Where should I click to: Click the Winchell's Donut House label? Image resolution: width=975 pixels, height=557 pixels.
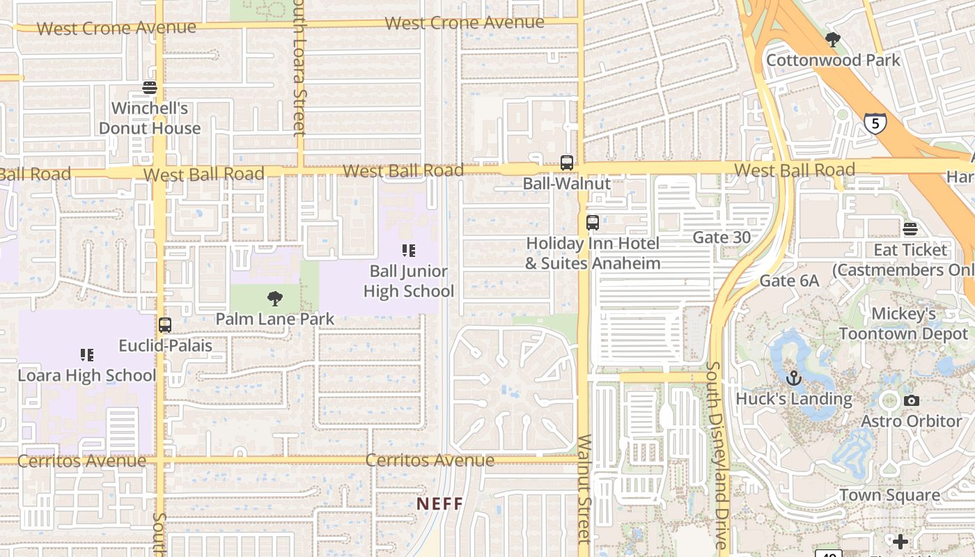(x=150, y=118)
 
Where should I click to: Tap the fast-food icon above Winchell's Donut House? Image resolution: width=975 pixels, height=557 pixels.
(x=150, y=88)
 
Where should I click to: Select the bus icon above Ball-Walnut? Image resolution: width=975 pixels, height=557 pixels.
(x=567, y=163)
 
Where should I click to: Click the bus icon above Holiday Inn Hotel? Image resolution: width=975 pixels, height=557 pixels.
(x=592, y=223)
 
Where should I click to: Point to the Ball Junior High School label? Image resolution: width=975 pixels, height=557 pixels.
(x=409, y=281)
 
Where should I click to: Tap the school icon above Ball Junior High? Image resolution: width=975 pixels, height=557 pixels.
(x=409, y=251)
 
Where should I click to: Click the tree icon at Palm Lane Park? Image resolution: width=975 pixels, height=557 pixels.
(x=275, y=299)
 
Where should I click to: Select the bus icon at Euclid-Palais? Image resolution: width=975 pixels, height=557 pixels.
(x=165, y=325)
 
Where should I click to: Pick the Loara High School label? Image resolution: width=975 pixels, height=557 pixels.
(x=87, y=375)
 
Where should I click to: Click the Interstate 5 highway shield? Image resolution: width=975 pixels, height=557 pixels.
(x=875, y=124)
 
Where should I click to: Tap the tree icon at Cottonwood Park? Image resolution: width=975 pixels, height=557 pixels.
(x=832, y=40)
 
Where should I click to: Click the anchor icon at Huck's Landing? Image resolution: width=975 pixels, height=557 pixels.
(x=793, y=379)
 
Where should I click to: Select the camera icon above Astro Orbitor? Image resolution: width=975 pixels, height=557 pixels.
(x=911, y=401)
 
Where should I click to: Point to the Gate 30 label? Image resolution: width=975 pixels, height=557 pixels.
(x=721, y=237)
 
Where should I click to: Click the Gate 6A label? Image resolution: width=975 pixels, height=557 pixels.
(x=789, y=281)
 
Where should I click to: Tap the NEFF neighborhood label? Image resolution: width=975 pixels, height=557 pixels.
(x=439, y=503)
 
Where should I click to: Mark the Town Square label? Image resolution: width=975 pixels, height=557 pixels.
(x=889, y=495)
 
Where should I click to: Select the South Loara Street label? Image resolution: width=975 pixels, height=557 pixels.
(x=299, y=66)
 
